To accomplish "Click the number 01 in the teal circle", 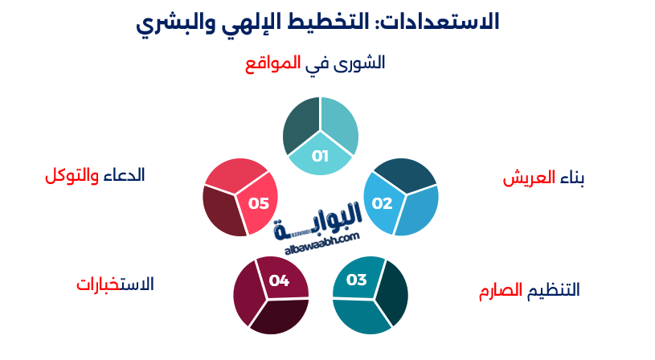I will point(321,156).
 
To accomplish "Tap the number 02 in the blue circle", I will point(382,202).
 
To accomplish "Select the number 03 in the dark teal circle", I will point(356,280).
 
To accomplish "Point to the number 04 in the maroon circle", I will point(279,280).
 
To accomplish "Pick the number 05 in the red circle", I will point(259,203).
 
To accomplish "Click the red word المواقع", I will point(273,63).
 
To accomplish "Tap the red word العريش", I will point(530,178).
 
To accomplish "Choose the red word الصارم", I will point(496,290).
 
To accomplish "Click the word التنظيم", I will point(553,290).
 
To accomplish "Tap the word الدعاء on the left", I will point(125,175).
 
